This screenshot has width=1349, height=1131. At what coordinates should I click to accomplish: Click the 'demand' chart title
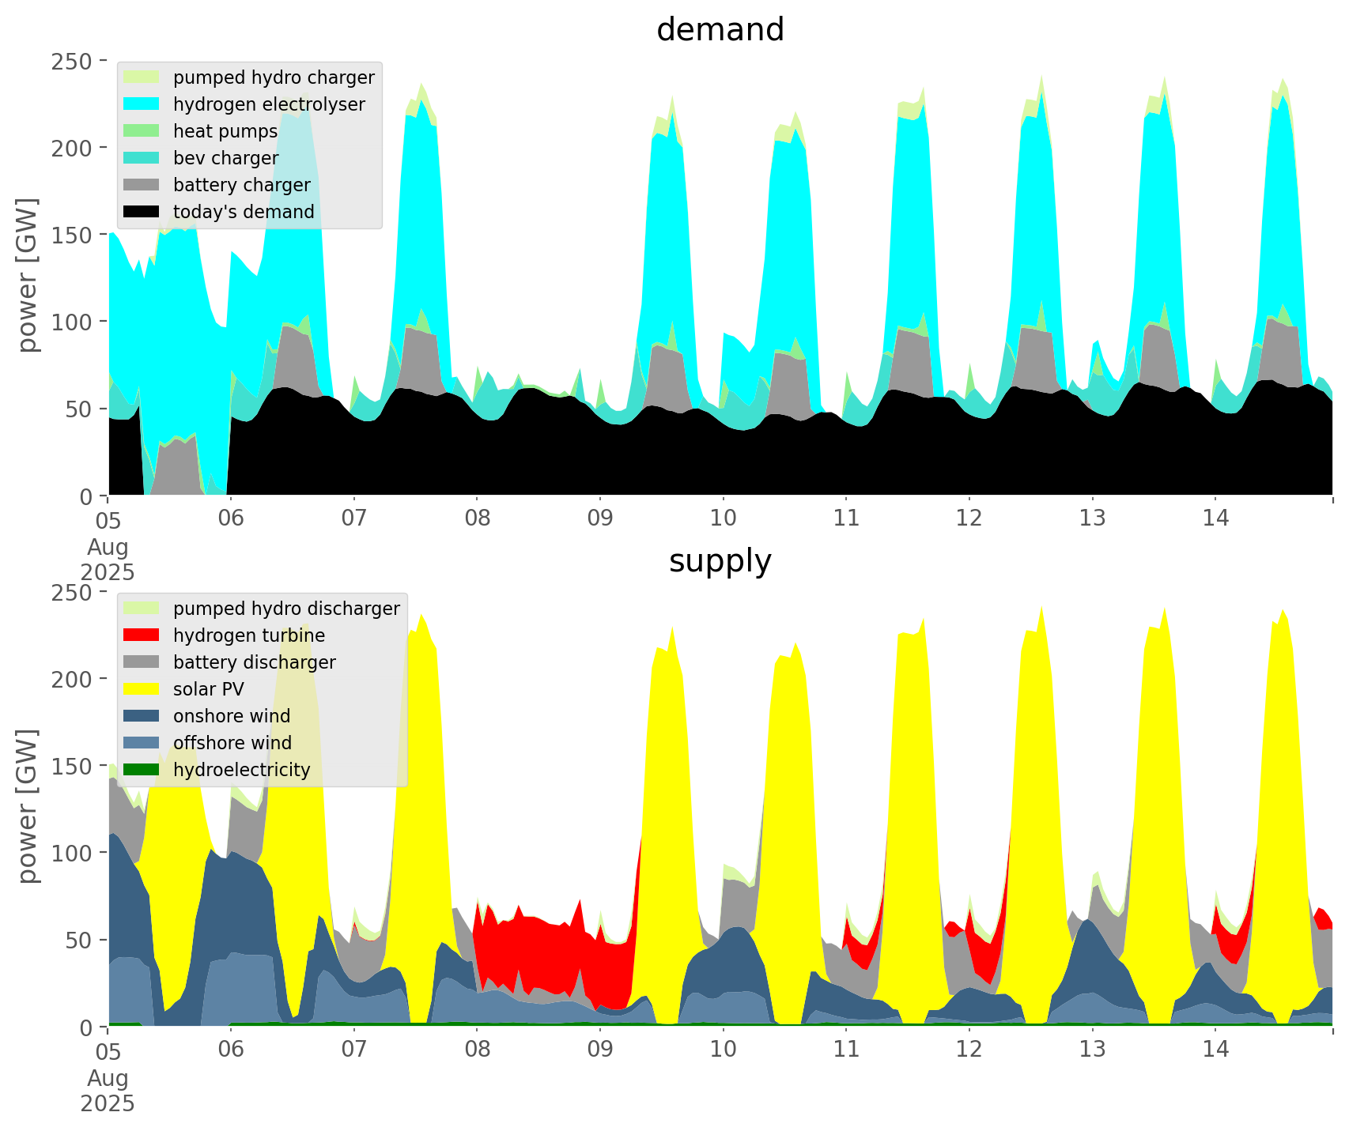720,30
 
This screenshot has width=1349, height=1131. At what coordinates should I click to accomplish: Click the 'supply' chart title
720,561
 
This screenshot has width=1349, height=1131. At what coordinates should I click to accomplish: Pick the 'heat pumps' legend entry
225,131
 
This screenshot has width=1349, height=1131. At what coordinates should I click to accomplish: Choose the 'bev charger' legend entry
225,158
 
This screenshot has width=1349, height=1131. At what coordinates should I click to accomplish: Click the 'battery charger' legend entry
241,185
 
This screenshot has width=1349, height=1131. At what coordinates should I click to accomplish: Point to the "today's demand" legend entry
244,212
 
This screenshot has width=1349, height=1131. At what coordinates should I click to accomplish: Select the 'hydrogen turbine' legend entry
249,635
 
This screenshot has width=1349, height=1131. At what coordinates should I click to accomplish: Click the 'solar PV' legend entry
209,689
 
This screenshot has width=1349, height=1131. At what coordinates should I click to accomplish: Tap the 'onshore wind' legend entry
232,716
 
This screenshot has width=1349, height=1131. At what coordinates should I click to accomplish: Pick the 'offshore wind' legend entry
232,743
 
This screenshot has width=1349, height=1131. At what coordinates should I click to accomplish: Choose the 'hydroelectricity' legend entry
241,770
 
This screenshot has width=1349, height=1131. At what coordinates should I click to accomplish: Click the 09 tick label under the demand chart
600,518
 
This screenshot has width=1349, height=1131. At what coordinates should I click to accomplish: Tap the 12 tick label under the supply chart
969,1050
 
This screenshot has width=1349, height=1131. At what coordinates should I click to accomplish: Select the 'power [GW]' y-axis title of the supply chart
28,806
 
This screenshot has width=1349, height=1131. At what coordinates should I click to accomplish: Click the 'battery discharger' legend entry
254,662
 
